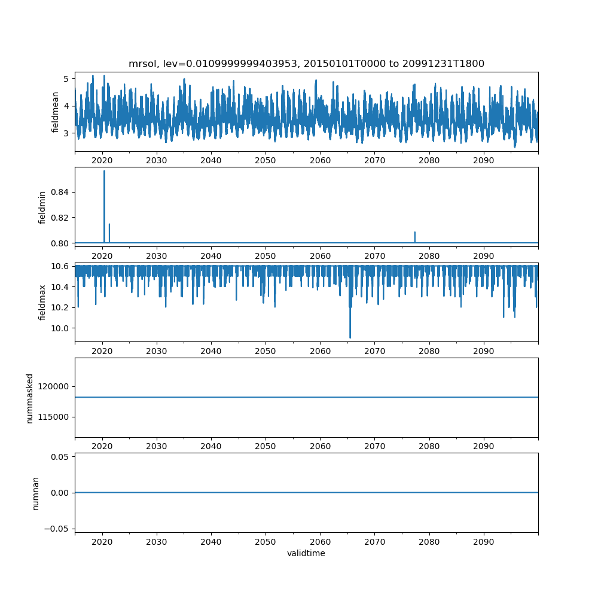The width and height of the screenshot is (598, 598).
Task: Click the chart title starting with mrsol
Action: pos(306,63)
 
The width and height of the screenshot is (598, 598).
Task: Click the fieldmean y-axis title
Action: pos(55,112)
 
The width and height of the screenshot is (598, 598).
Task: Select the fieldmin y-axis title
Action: pos(42,208)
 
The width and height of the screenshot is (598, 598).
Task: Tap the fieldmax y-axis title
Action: pos(42,303)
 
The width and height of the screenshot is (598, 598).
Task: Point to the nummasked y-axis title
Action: pos(29,398)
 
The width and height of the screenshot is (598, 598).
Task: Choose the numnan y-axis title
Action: pos(35,493)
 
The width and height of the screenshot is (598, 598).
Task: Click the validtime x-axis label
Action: pos(306,553)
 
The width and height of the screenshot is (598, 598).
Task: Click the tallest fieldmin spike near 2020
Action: pos(104,170)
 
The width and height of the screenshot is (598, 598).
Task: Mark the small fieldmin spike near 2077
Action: pos(415,232)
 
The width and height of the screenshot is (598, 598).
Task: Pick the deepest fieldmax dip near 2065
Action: pos(350,337)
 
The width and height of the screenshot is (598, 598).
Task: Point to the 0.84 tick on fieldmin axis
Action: pos(60,192)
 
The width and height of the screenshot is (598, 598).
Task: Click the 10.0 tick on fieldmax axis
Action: pos(60,328)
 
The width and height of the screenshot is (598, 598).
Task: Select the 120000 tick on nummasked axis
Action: pos(53,386)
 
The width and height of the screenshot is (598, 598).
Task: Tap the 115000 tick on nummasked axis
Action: pos(53,417)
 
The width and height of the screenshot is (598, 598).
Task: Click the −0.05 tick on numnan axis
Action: pos(57,529)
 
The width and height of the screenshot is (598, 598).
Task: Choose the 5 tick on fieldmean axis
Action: pos(66,79)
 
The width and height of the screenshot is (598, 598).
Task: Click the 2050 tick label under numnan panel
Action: pos(266,542)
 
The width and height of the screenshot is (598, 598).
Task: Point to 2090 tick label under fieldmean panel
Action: pos(484,160)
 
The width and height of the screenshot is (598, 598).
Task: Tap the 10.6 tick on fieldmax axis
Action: pos(60,266)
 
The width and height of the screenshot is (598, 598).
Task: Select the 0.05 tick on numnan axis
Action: pos(60,457)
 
